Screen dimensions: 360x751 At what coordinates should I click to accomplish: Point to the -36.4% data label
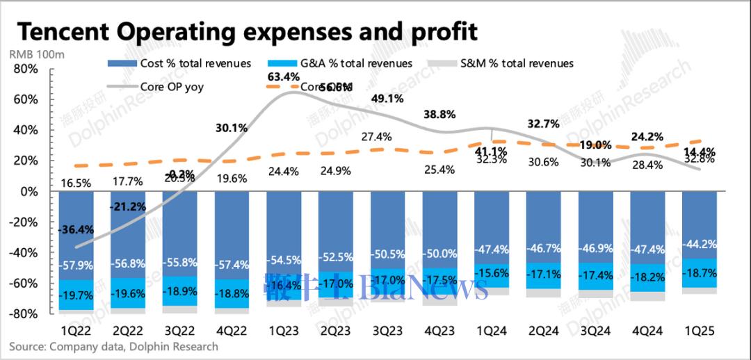click(x=76, y=229)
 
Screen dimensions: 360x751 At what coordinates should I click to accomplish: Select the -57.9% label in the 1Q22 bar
click(x=76, y=265)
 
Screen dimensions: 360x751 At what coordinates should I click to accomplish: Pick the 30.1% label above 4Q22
click(x=232, y=127)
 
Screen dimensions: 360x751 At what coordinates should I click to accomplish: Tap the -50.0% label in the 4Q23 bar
click(x=440, y=254)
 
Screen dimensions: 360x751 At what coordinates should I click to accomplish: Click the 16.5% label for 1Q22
click(x=76, y=183)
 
